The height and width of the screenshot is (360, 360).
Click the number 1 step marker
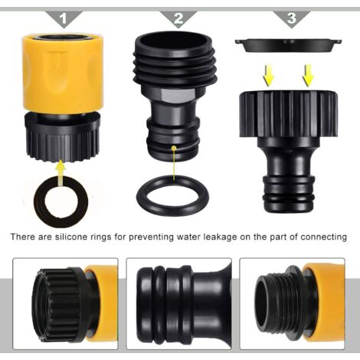click(63, 18)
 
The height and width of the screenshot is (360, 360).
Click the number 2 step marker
click(178, 18)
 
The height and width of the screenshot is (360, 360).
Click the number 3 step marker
click(292, 18)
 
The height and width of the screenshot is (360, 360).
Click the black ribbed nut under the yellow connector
click(62, 138)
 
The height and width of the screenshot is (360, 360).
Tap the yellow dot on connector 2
click(174, 148)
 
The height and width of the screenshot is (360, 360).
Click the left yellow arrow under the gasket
click(268, 75)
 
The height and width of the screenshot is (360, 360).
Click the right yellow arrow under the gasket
click(308, 75)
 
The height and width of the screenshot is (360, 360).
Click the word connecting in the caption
click(323, 237)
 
